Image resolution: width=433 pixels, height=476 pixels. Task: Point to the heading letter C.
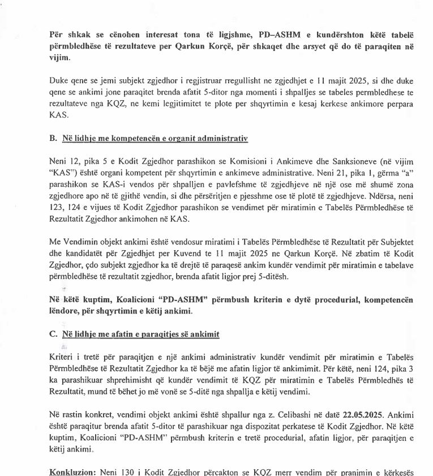(53, 334)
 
